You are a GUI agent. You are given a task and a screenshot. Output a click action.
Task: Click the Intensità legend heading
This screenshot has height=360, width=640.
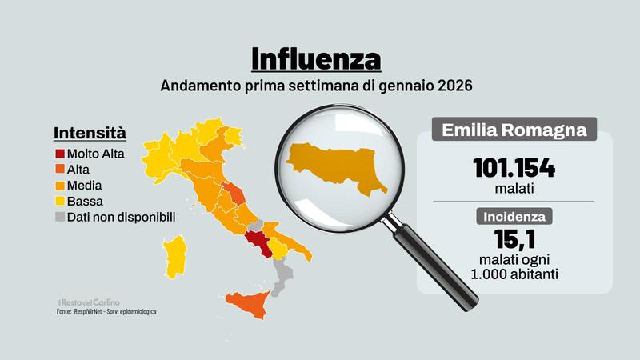point(90,133)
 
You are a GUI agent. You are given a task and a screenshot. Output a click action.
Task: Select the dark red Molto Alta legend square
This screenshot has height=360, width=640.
point(59,153)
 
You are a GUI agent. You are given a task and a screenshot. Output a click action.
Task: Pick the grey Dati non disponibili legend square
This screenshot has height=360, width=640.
point(59,217)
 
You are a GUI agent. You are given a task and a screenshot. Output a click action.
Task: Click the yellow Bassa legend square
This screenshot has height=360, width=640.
point(59,201)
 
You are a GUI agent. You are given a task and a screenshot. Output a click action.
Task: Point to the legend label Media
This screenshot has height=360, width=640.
point(85,185)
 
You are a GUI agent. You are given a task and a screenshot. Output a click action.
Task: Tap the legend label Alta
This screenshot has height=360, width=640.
point(79,169)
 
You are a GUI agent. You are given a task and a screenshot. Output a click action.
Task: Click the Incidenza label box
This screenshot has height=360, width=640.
point(514,216)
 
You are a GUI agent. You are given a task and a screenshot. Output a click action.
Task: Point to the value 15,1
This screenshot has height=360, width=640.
point(514,239)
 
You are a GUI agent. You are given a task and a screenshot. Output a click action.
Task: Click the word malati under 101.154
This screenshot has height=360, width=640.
point(514,190)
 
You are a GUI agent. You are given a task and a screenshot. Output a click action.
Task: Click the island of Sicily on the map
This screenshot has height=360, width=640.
point(250,304)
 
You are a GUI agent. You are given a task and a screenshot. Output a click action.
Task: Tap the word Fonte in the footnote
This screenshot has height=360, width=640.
point(65,311)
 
